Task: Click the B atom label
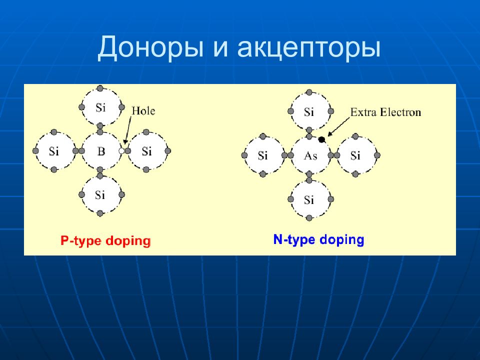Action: point(101,151)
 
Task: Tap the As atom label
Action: point(310,155)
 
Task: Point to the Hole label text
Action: point(143,110)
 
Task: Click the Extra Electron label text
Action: point(385,112)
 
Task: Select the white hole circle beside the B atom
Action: point(121,150)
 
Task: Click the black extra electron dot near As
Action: point(321,139)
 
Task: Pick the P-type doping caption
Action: point(105,241)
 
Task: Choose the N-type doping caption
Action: point(318,239)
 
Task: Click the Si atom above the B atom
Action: point(100,106)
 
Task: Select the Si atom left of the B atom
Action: point(54,151)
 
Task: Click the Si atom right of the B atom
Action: point(147,151)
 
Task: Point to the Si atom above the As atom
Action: point(309,112)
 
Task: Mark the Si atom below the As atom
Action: point(309,200)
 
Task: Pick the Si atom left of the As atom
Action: point(263,155)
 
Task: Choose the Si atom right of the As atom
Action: point(355,155)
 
